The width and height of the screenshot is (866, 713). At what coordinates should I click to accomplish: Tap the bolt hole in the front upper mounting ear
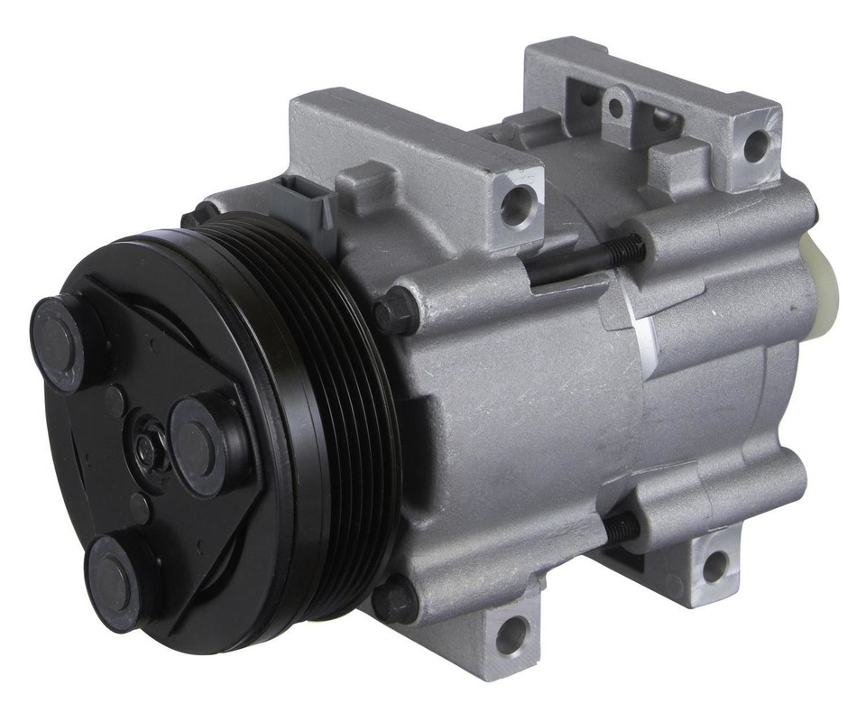tap(516, 207)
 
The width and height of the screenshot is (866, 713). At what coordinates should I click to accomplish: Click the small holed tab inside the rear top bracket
tap(616, 107)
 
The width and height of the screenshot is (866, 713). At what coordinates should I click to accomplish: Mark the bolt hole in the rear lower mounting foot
tap(714, 566)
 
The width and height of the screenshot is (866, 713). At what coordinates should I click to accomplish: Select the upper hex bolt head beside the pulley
tap(394, 312)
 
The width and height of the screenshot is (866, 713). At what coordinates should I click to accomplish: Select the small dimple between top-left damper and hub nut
tap(114, 396)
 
